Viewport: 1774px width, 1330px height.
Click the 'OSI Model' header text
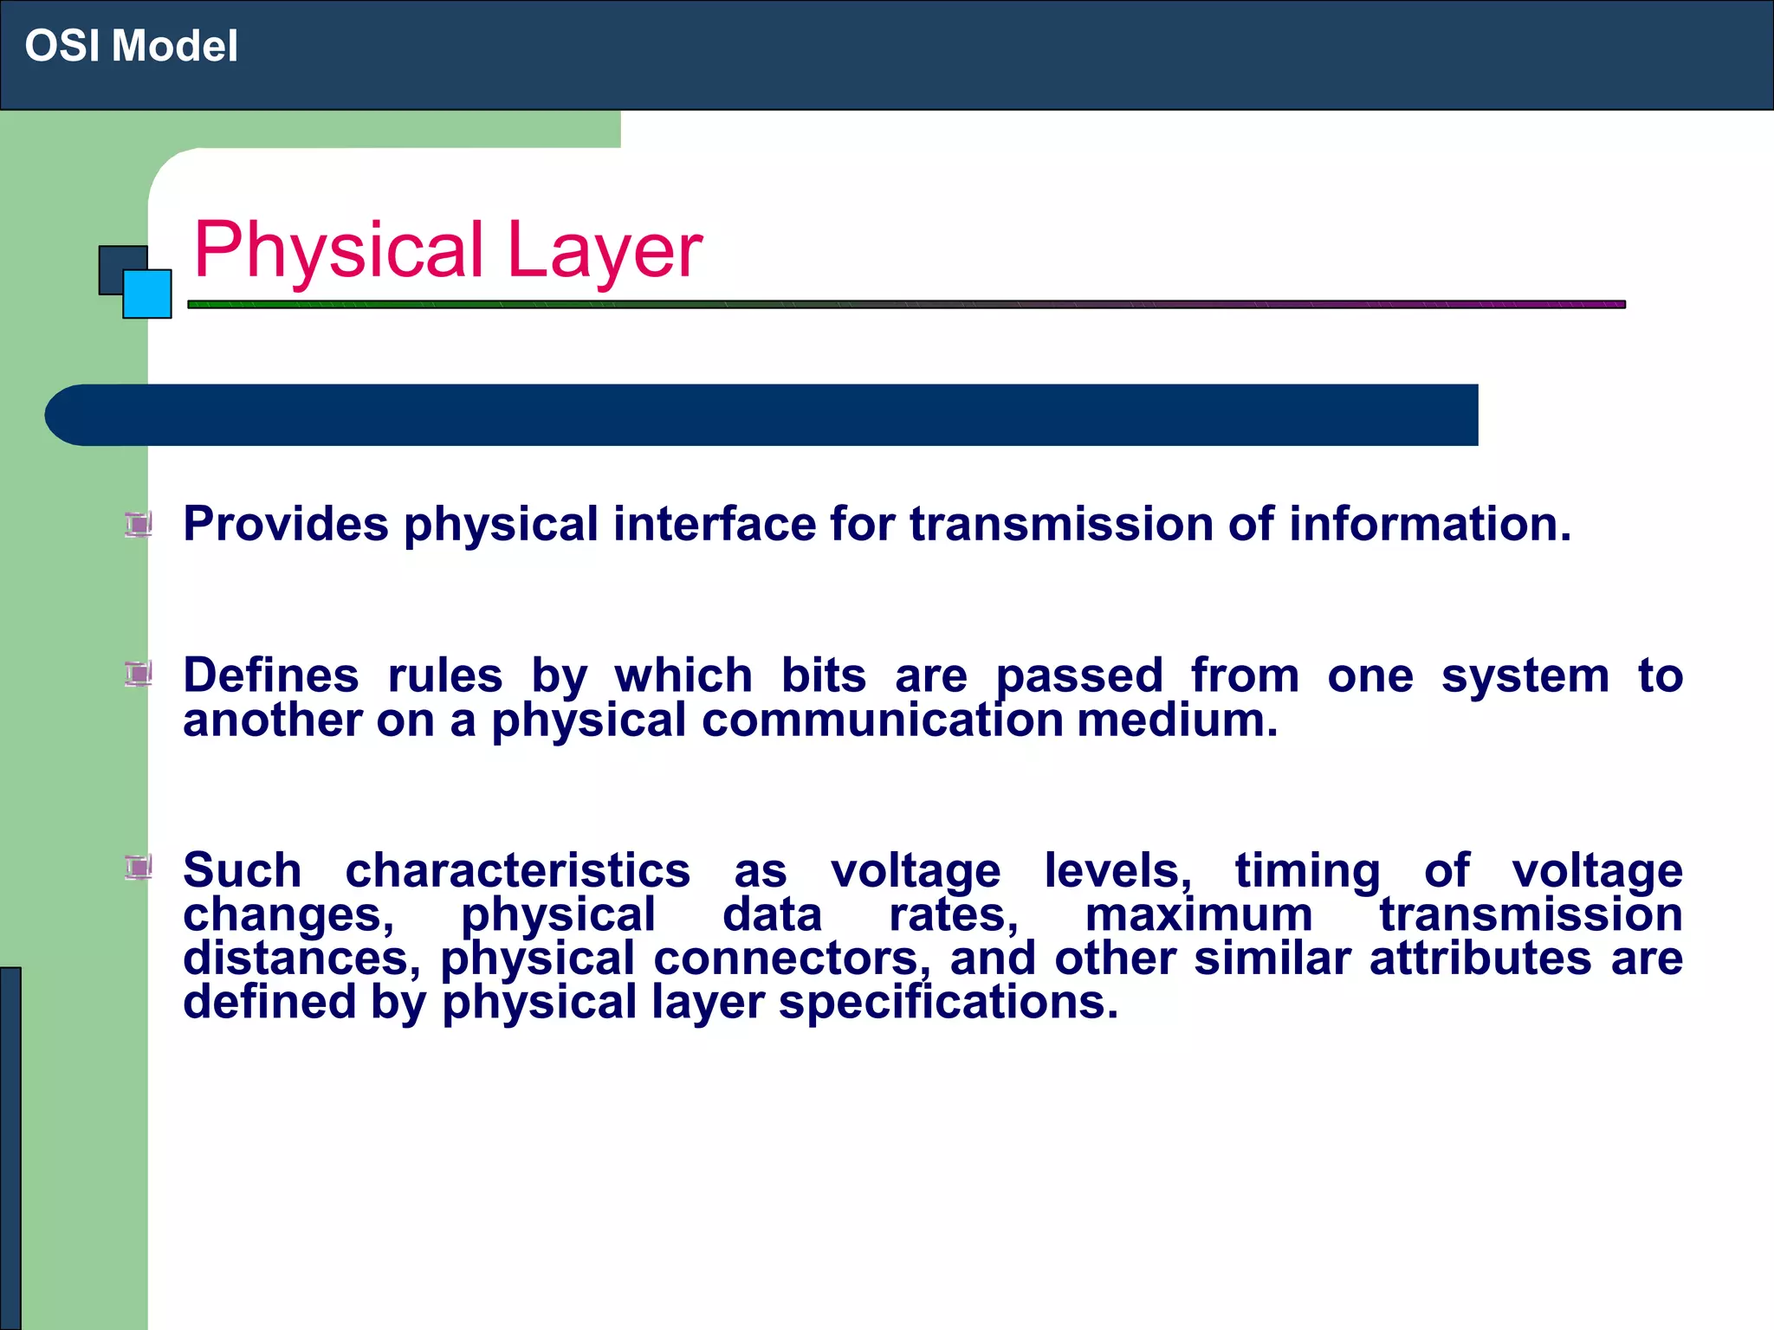(x=131, y=46)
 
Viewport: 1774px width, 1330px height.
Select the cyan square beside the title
(x=148, y=294)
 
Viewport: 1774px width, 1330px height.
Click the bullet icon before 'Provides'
(x=139, y=524)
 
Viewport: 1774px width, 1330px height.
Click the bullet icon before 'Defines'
(x=139, y=674)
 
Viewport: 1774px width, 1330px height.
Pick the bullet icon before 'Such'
(x=139, y=867)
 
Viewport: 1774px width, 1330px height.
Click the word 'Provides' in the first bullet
(x=286, y=525)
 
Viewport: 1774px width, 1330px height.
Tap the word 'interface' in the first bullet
(x=714, y=525)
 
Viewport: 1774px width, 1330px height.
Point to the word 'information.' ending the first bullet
(x=1429, y=525)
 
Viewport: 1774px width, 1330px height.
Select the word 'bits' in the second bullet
(x=823, y=675)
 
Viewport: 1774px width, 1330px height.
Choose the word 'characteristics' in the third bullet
(x=517, y=870)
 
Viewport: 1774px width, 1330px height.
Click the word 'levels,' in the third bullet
(x=1117, y=870)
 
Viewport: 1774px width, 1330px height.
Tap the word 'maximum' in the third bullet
(x=1199, y=914)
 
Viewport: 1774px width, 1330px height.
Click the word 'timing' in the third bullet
(x=1307, y=870)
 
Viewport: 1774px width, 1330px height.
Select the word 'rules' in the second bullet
(x=444, y=675)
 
